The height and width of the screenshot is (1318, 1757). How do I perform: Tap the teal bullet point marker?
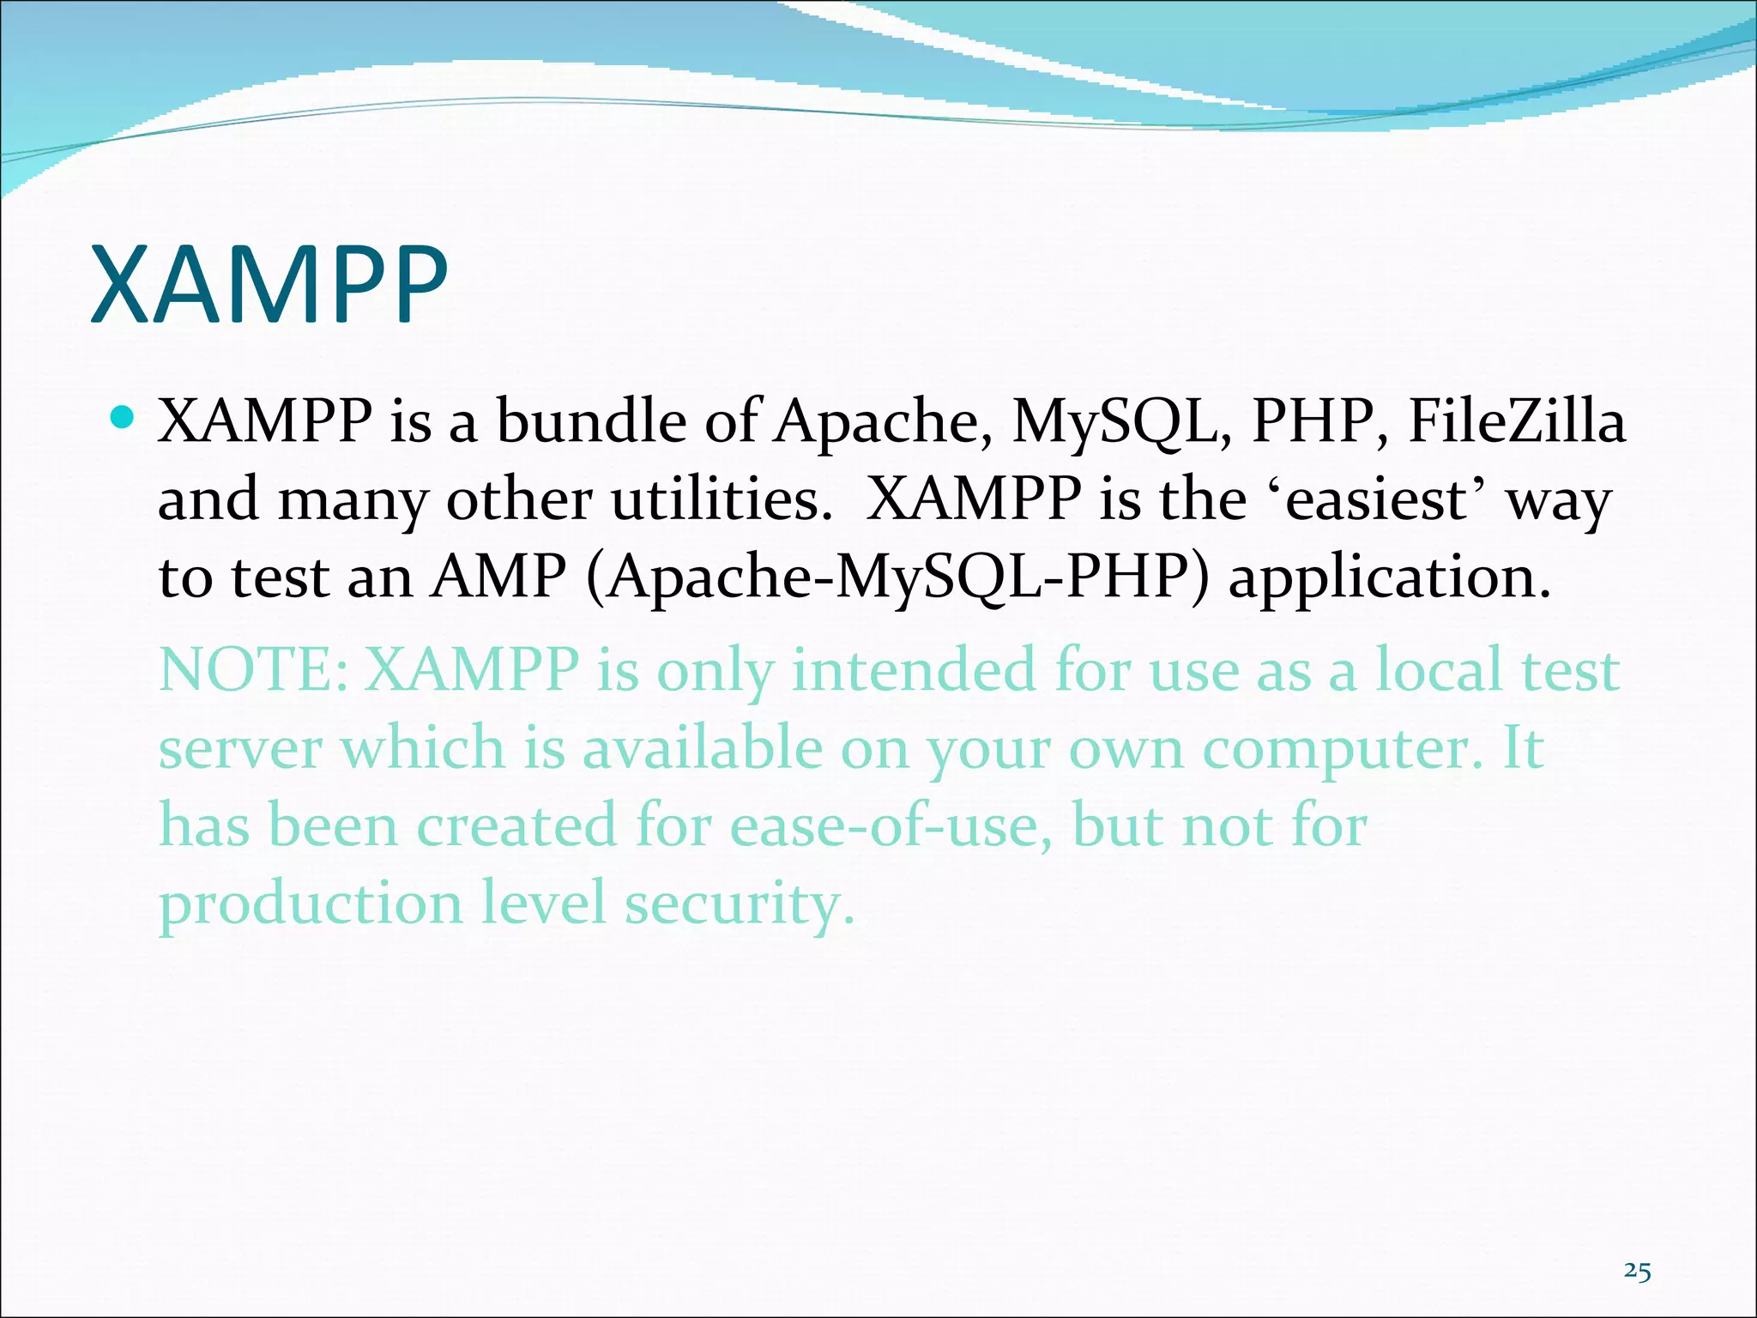click(x=124, y=419)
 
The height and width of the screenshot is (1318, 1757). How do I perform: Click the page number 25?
click(x=1637, y=1272)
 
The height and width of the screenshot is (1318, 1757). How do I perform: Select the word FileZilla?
click(x=1517, y=421)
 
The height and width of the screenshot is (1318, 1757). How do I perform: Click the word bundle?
click(x=590, y=421)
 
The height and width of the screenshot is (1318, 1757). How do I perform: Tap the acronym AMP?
click(x=498, y=577)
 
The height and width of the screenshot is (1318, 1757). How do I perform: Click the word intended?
click(x=913, y=670)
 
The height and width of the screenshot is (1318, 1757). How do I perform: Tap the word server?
click(x=240, y=748)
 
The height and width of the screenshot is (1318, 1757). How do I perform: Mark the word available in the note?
click(x=702, y=748)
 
